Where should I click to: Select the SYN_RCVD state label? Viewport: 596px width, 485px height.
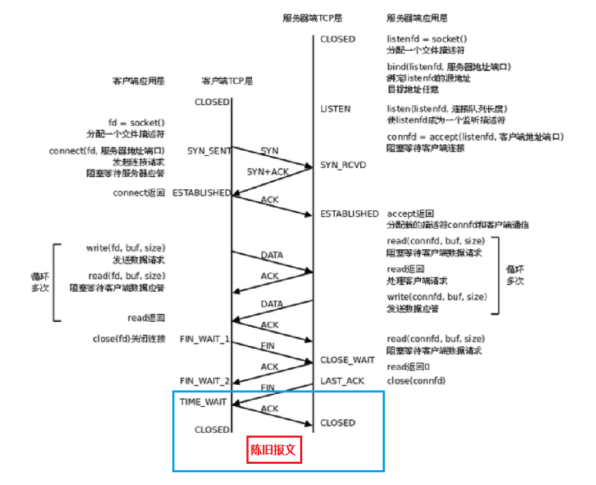coord(344,164)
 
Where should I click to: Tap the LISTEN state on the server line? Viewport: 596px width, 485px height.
coord(335,109)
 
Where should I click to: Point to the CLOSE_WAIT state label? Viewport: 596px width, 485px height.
coord(347,360)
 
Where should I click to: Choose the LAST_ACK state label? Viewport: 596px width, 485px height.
coord(342,381)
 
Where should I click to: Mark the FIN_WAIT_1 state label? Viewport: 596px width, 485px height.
coord(205,339)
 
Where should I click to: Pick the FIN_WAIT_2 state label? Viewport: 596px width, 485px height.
coord(205,381)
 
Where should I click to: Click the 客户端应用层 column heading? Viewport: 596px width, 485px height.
coord(138,81)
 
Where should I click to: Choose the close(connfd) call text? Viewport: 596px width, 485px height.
coord(416,381)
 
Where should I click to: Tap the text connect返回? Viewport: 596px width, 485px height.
coord(138,193)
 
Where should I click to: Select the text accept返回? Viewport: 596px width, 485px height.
coord(410,213)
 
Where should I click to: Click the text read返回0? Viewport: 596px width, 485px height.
coord(408,367)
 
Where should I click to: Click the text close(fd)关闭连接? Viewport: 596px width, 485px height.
coord(129,339)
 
